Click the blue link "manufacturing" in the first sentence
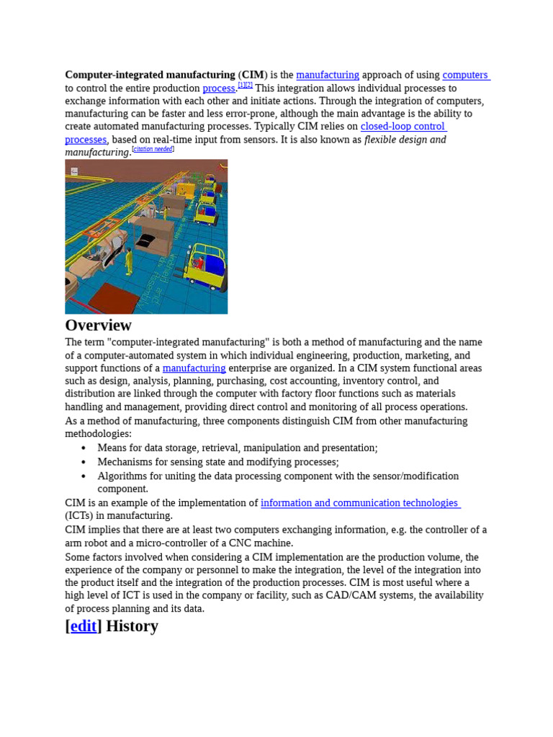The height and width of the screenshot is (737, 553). (x=327, y=75)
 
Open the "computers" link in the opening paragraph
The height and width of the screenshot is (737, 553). (x=465, y=75)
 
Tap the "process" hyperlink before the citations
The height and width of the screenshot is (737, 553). (x=218, y=88)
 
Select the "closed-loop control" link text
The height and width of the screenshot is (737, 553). (x=403, y=127)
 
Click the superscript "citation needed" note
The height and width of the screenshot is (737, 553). (x=153, y=149)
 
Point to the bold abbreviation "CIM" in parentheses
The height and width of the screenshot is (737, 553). (x=253, y=75)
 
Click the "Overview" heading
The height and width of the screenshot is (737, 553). (x=98, y=325)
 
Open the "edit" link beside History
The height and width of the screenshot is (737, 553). (x=84, y=626)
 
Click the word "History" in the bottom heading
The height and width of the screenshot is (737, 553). (x=132, y=626)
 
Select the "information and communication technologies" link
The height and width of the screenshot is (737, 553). (x=359, y=503)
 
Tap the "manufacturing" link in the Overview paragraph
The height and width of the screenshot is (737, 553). (x=194, y=368)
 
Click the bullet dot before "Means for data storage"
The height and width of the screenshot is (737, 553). (x=84, y=448)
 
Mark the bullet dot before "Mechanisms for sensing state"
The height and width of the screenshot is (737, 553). (x=84, y=462)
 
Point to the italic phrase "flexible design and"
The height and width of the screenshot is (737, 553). (x=405, y=140)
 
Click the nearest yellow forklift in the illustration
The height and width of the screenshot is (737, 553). (x=206, y=266)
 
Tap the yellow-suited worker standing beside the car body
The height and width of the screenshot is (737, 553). (x=129, y=261)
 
